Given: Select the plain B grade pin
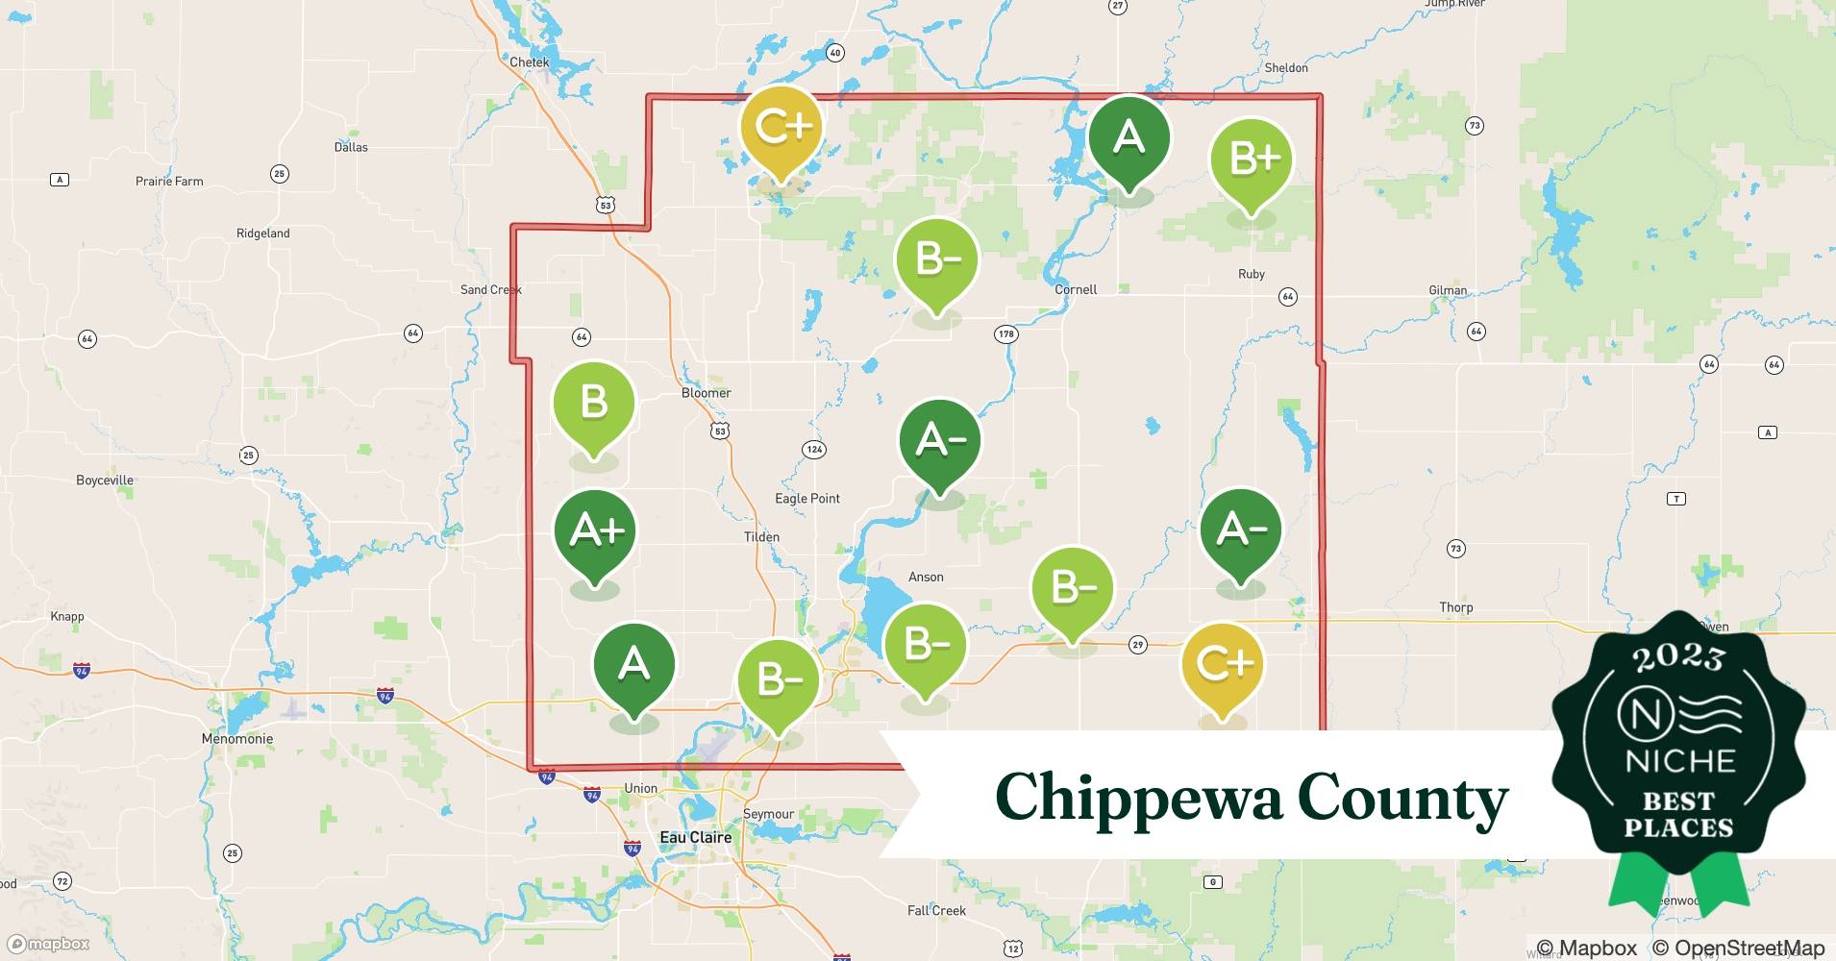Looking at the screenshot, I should [593, 403].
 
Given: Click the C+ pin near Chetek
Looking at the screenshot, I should [782, 127].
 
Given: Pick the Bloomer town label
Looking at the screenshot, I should [706, 393].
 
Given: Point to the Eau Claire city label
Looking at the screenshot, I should [695, 837].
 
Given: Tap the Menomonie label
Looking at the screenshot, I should [237, 739].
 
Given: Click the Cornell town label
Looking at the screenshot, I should [1076, 289].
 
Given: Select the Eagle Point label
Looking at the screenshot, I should [807, 499].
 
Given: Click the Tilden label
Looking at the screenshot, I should [761, 537].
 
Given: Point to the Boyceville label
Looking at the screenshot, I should [105, 480].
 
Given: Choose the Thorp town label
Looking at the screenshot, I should [1455, 607].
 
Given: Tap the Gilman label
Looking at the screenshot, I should [1448, 290].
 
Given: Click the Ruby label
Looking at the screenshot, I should [1251, 274].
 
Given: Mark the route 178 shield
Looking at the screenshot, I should [1005, 334].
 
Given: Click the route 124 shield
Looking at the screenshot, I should [814, 449].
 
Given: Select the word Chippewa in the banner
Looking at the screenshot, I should [1137, 799].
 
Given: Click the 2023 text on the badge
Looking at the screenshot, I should [1678, 657].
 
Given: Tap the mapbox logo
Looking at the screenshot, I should [49, 944].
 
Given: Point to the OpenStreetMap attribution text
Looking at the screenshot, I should [1738, 948].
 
